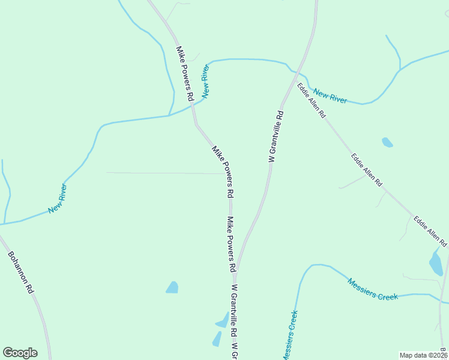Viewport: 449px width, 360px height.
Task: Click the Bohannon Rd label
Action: [20, 272]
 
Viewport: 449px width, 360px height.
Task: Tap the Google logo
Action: [20, 353]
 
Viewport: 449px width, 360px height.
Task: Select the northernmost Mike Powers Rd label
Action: [185, 73]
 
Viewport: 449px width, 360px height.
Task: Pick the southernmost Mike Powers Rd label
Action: [231, 244]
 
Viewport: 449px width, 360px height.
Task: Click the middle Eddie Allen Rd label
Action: [367, 170]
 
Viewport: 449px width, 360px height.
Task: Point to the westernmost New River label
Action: [58, 199]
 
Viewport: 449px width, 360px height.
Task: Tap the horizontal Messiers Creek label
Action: [372, 289]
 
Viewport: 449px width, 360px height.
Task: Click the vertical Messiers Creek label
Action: [289, 335]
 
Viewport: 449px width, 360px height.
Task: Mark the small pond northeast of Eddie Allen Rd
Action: [387, 143]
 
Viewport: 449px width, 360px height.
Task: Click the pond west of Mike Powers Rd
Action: [173, 287]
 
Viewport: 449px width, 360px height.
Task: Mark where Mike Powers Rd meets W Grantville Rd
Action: [235, 271]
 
